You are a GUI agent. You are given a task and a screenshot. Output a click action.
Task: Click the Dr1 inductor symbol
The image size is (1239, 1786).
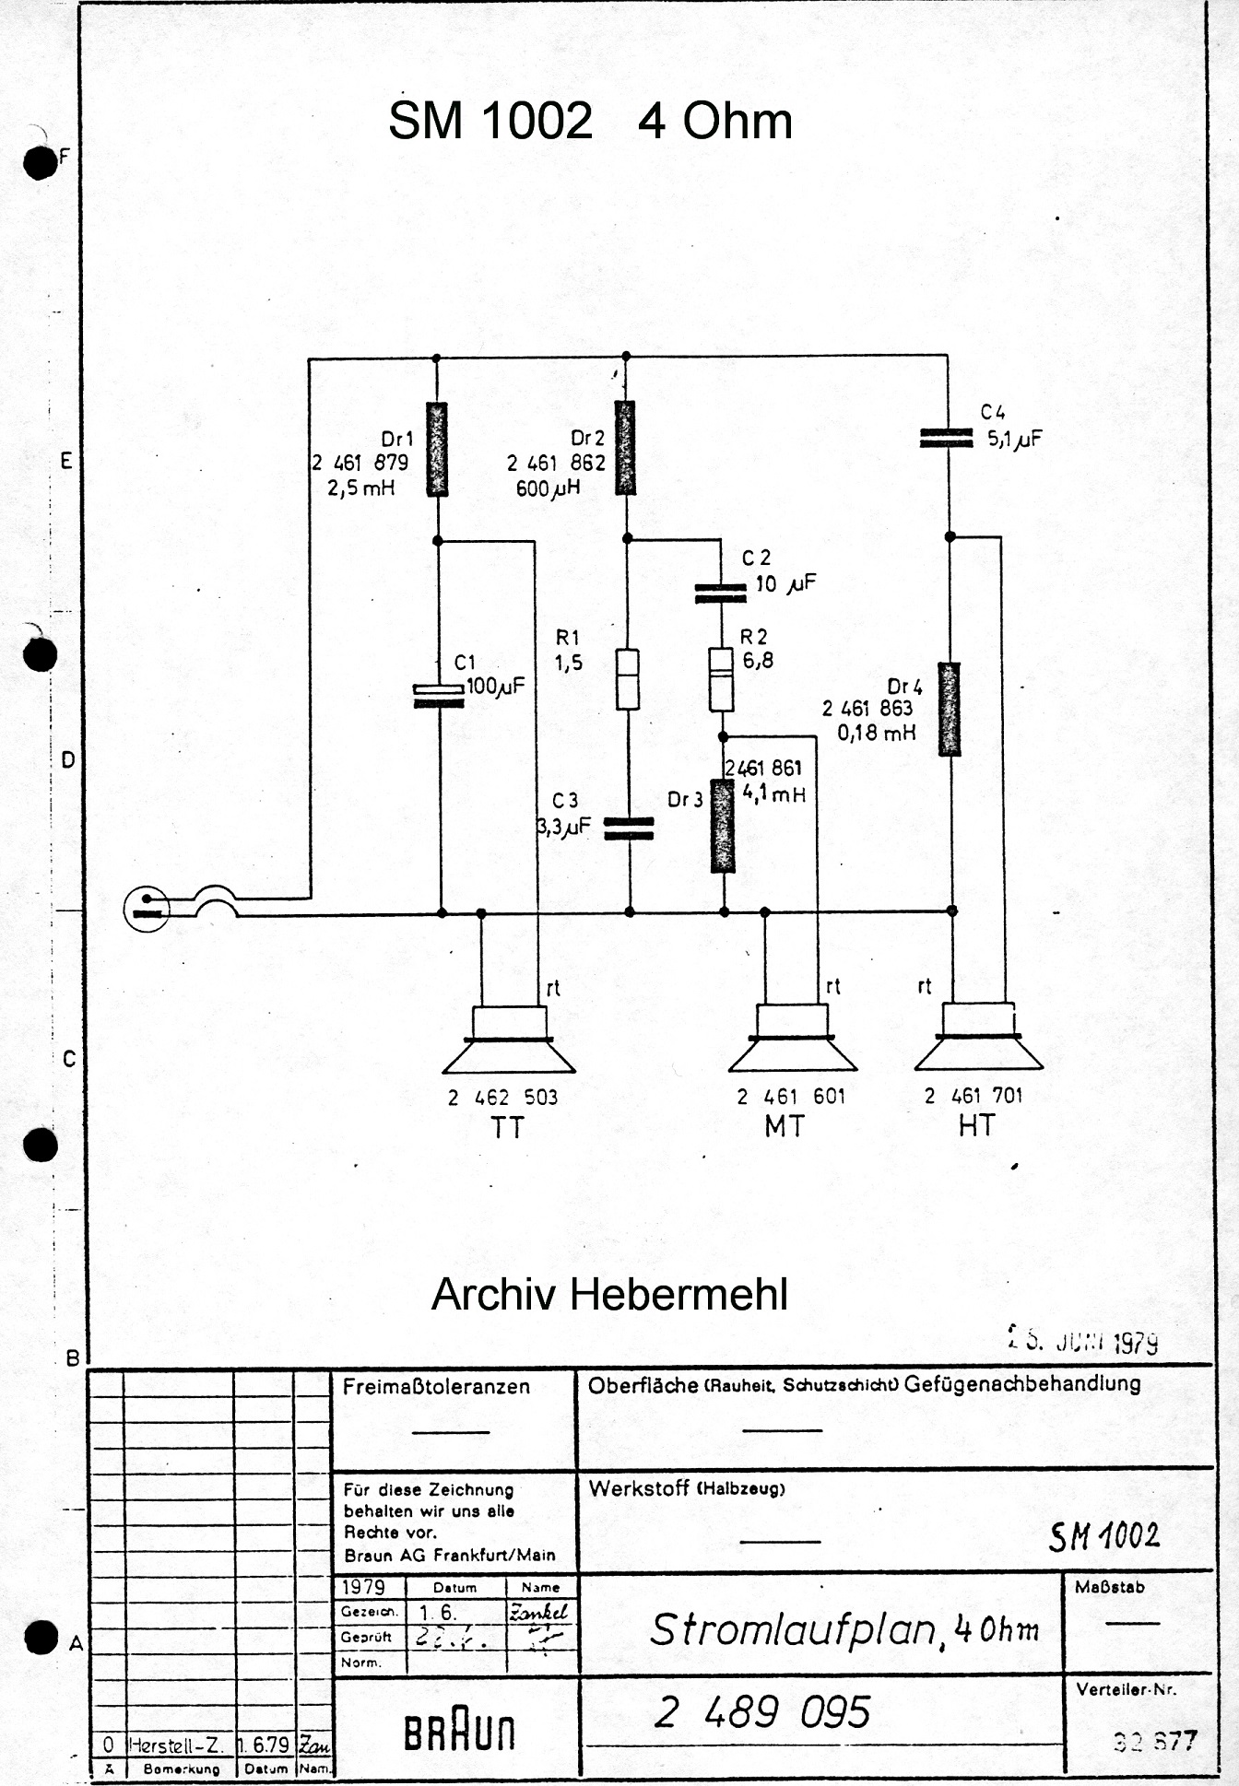(437, 449)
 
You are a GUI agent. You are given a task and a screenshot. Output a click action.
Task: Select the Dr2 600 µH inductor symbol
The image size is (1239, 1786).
(626, 448)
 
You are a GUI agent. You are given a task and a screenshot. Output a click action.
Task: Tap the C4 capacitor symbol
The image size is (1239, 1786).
(947, 439)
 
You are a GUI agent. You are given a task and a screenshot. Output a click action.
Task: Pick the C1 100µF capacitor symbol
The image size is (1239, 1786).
(439, 696)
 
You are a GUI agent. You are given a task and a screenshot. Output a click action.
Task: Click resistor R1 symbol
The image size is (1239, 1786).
(628, 679)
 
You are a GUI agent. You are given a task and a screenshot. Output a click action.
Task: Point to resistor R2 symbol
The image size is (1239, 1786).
(721, 679)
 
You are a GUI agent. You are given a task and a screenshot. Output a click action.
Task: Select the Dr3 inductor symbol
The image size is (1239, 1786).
(723, 826)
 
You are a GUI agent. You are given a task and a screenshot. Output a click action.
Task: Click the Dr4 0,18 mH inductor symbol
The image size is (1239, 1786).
(950, 709)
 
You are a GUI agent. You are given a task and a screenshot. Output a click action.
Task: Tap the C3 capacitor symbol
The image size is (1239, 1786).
(629, 828)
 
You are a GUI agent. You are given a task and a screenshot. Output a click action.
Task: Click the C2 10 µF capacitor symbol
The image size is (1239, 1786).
(720, 593)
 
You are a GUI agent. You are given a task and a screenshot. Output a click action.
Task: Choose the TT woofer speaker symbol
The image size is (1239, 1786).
(509, 1041)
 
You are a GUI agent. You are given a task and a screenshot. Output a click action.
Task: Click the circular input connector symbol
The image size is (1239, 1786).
(147, 909)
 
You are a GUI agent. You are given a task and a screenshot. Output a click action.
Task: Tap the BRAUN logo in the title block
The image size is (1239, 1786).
(459, 1733)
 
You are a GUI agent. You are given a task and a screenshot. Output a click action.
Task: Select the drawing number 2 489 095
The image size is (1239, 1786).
(762, 1712)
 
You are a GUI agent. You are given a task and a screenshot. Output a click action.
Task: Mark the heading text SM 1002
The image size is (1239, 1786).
(490, 121)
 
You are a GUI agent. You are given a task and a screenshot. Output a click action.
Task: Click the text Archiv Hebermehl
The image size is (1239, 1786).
(609, 1294)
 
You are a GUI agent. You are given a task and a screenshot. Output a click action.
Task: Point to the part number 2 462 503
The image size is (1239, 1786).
(502, 1098)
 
